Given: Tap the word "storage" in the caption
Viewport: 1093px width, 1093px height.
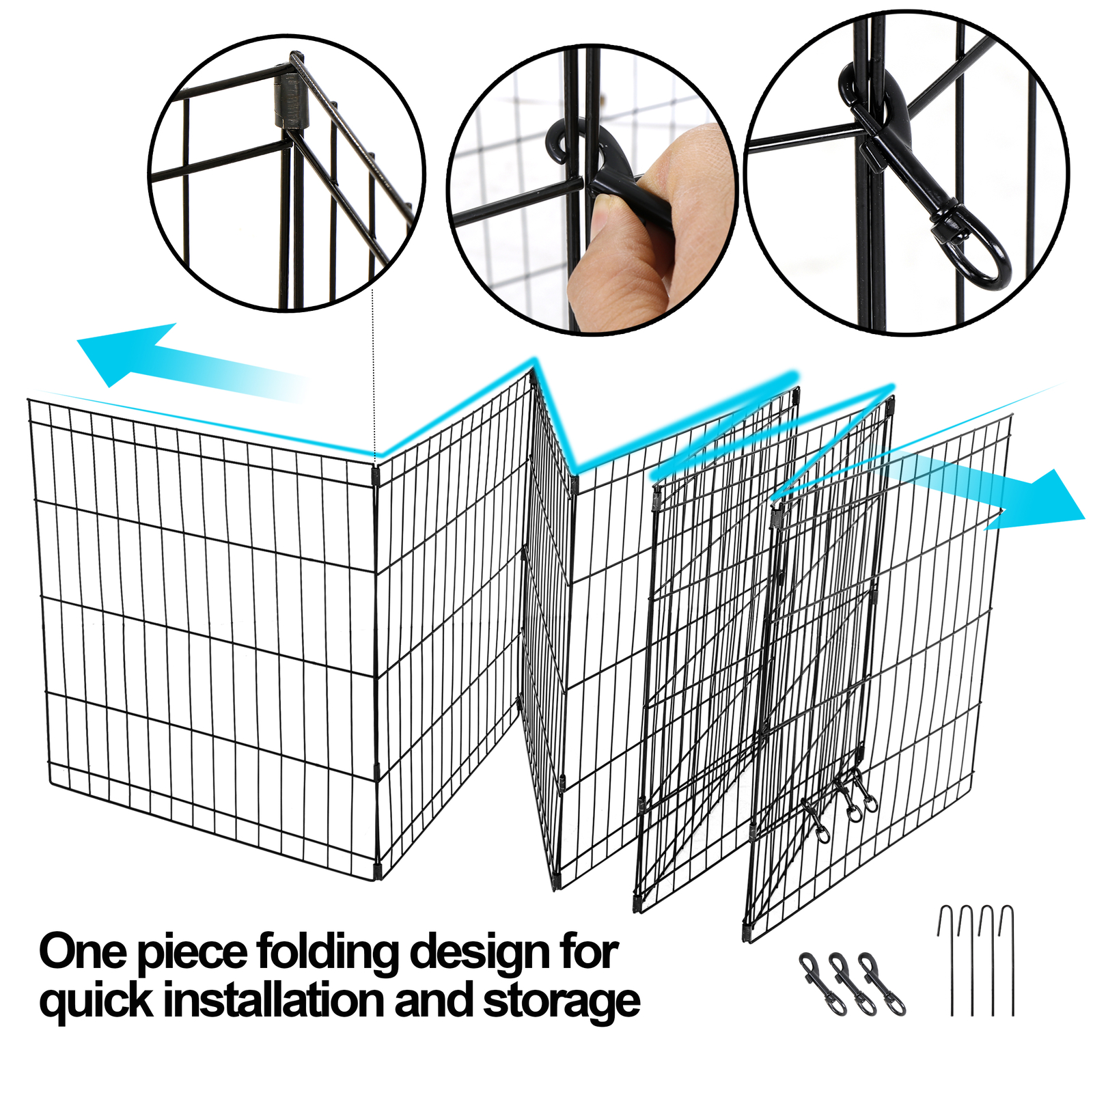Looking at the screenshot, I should click(562, 1001).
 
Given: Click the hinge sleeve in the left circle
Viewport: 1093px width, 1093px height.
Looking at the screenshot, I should click(290, 102).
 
